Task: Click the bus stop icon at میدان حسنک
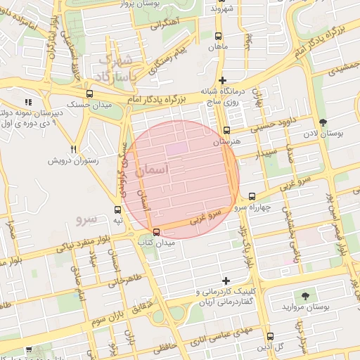[89, 93]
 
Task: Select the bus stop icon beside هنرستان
[226, 130]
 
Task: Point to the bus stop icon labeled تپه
[117, 210]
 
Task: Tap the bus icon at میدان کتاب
[156, 232]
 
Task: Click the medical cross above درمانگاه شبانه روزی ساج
[223, 80]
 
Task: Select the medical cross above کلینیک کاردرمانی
[225, 281]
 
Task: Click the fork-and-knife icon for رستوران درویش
[74, 149]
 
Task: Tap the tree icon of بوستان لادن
[323, 122]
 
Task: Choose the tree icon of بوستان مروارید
[304, 296]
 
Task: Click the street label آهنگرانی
[164, 22]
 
